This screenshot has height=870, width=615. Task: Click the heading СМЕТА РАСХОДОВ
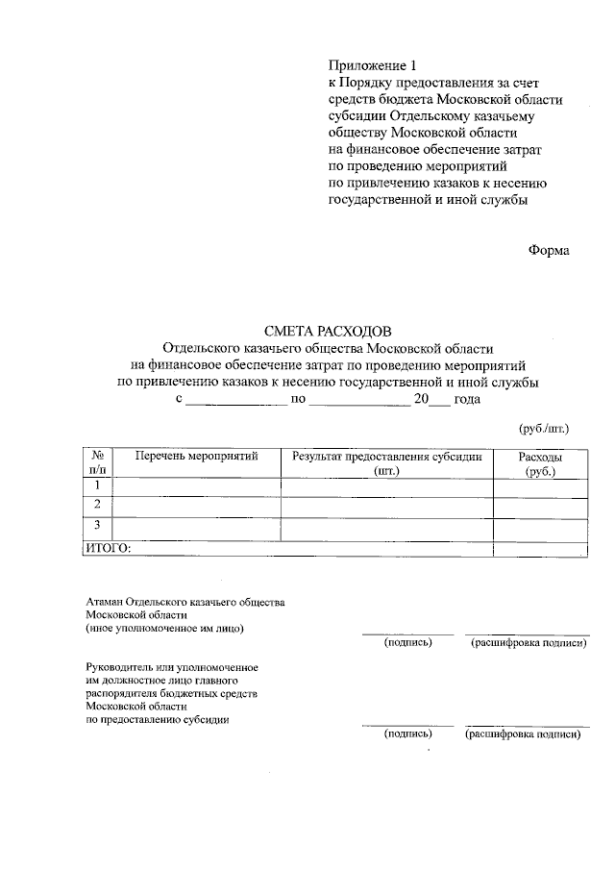[x=329, y=331]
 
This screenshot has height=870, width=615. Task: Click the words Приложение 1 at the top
[x=374, y=65]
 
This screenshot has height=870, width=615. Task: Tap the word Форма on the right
[x=549, y=251]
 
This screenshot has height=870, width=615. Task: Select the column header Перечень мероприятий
[x=197, y=456]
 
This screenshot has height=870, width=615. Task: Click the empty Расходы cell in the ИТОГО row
[x=540, y=548]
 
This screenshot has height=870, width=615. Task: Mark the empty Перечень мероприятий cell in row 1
[x=197, y=487]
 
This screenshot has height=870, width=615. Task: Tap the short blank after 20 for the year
[x=439, y=401]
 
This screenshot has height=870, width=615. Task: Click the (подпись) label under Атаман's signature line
[x=407, y=642]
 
